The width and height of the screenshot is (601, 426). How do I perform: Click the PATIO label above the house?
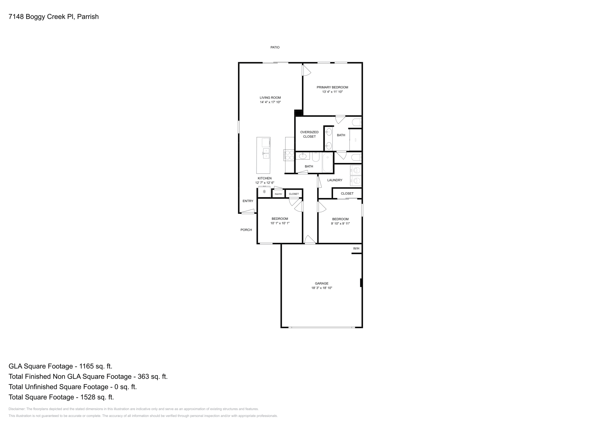point(275,47)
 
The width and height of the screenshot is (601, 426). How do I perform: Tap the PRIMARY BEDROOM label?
point(332,87)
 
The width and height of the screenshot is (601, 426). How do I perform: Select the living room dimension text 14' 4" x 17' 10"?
point(270,102)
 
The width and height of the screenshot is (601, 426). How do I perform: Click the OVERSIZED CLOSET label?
point(309,134)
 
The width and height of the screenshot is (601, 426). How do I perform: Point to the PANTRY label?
point(278,194)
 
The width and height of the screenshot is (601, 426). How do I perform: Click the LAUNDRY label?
point(335,180)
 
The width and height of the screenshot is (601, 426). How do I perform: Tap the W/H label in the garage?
point(356,249)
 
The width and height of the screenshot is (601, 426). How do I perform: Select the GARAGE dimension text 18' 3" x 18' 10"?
point(322,288)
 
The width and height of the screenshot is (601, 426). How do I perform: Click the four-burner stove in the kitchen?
point(289,155)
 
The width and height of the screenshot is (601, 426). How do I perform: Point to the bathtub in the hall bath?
point(328,161)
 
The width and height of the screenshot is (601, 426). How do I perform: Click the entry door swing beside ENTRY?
point(248,212)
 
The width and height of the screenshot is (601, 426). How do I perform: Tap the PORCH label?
point(246,230)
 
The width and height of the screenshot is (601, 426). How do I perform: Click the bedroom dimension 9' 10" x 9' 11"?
point(340,224)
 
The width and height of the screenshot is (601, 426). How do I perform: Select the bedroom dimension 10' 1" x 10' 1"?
point(280,223)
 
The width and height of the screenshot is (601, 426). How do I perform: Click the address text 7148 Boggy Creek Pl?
point(41,17)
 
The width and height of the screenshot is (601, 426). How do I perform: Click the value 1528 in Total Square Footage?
point(84,397)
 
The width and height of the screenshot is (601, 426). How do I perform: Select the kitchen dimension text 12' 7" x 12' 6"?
point(264,183)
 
